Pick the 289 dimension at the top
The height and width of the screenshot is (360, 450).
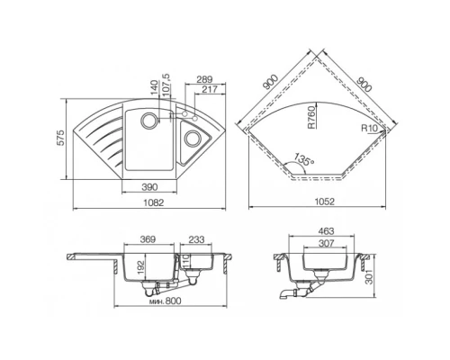[207, 79]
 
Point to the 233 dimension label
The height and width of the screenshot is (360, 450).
[197, 239]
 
